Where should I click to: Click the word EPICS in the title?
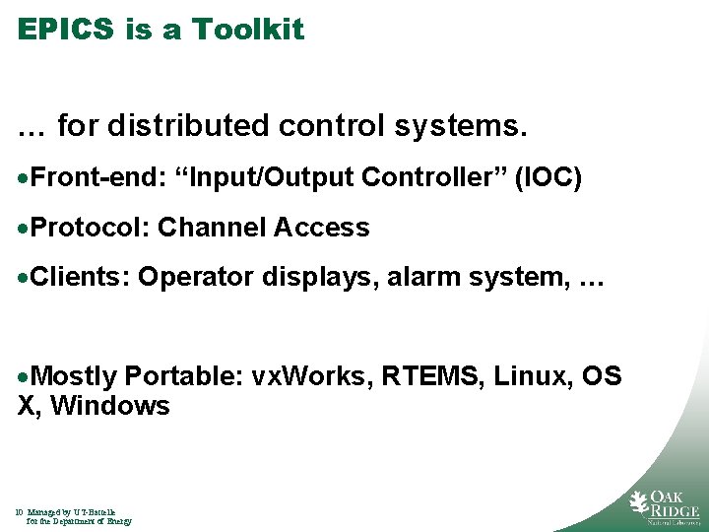point(67,30)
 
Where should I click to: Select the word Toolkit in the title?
point(248,30)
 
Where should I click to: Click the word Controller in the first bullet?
point(433,177)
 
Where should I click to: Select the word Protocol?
point(90,229)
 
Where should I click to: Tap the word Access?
point(322,229)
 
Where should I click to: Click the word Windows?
point(110,406)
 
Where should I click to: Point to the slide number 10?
point(20,512)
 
